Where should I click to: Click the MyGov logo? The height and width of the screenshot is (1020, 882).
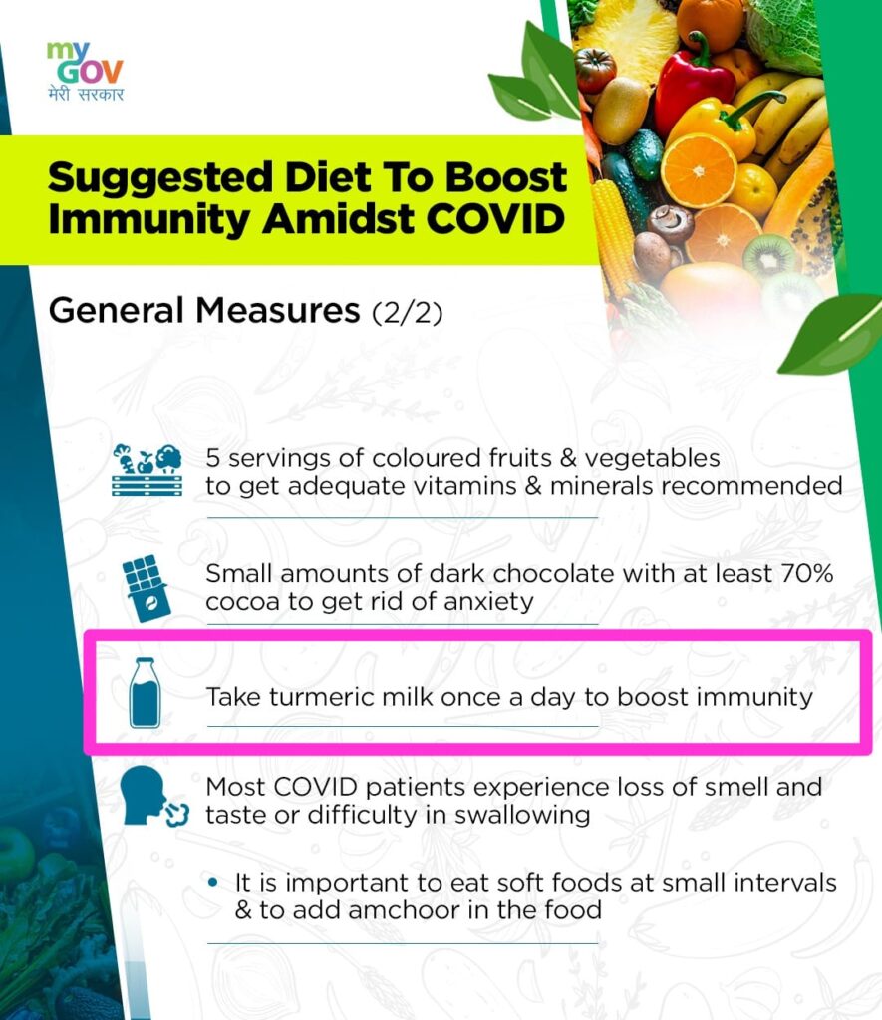click(x=85, y=71)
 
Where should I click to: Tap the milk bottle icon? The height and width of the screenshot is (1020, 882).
click(x=145, y=692)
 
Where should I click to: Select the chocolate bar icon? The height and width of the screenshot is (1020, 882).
click(x=146, y=588)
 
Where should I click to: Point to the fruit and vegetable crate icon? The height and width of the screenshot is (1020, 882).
click(x=147, y=470)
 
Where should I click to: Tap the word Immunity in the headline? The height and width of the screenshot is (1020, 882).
click(x=149, y=220)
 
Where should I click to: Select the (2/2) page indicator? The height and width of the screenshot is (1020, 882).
click(x=408, y=312)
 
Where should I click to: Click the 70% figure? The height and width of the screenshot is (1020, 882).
click(x=807, y=573)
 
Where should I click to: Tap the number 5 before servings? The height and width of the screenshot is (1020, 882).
click(x=213, y=458)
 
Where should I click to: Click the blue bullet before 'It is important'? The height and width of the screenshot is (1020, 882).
click(x=212, y=883)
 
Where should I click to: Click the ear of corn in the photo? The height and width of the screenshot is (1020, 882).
click(x=613, y=234)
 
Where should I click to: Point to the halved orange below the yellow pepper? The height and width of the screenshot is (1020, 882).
click(x=698, y=170)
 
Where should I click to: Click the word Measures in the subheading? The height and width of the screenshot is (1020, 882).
click(x=278, y=310)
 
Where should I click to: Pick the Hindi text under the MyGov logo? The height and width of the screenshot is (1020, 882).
click(x=86, y=94)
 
